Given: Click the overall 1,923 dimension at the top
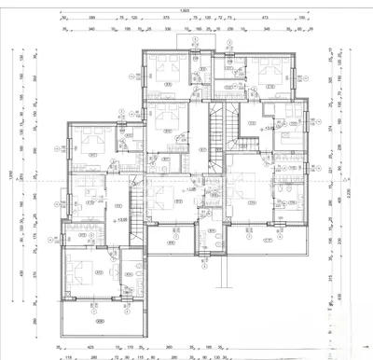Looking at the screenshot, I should pyautogui.click(x=186, y=9).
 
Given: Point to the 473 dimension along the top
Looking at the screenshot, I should pyautogui.click(x=265, y=18).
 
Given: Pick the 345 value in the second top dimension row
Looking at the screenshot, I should pyautogui.click(x=266, y=29).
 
